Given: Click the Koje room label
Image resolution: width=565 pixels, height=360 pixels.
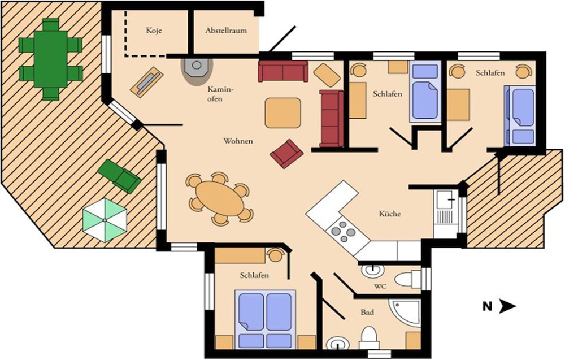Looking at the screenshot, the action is [154, 31].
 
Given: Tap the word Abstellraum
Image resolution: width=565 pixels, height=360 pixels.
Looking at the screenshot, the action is [226, 31].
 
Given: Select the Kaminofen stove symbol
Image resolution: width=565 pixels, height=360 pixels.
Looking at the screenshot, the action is [197, 68].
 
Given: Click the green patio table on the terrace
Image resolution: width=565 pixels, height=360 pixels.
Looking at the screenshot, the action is [50, 59].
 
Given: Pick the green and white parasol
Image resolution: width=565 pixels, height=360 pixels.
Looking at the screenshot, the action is [105, 220].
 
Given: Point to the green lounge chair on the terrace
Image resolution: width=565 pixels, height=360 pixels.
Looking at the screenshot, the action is [120, 176].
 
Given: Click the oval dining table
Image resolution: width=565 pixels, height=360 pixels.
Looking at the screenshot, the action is [220, 198].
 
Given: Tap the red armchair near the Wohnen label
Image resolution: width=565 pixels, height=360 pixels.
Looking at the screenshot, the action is [286, 154].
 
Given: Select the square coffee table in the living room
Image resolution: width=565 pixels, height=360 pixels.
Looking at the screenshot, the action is [283, 113].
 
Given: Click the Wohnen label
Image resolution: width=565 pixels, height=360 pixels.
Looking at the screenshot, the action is [238, 141].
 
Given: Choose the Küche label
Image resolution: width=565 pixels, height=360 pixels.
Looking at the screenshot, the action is [390, 214].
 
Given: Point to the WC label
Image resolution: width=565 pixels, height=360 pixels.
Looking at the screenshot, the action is [380, 287].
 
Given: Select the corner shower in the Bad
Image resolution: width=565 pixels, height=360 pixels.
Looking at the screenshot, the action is [405, 313].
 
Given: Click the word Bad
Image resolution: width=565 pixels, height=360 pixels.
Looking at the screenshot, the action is [367, 312].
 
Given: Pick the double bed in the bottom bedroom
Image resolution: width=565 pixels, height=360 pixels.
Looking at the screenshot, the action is [266, 319].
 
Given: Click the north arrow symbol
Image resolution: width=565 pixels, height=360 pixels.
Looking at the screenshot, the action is [508, 307].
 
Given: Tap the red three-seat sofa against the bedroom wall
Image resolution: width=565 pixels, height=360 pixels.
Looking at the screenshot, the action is [332, 119].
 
